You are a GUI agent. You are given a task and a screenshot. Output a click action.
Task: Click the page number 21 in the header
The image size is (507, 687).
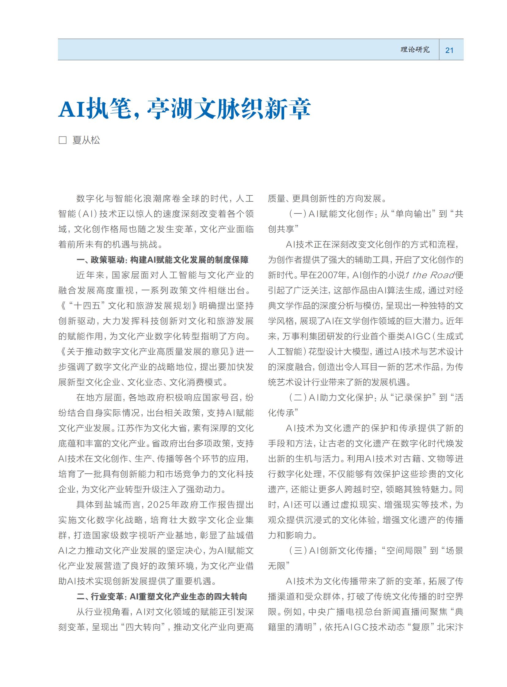(449, 50)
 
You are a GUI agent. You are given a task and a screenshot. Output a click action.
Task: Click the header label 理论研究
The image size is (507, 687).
(415, 50)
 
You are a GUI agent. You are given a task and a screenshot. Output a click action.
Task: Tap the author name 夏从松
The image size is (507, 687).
(86, 140)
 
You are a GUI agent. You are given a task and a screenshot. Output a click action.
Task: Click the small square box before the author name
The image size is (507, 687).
(63, 140)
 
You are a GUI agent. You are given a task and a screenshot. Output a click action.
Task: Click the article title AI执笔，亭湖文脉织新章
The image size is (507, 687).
(184, 108)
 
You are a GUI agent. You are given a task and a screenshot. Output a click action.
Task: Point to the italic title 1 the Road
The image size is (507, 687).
(429, 275)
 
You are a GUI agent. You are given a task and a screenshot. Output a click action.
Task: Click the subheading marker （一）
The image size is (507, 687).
(297, 214)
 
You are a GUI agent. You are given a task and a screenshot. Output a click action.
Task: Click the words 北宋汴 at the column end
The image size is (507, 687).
(450, 627)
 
